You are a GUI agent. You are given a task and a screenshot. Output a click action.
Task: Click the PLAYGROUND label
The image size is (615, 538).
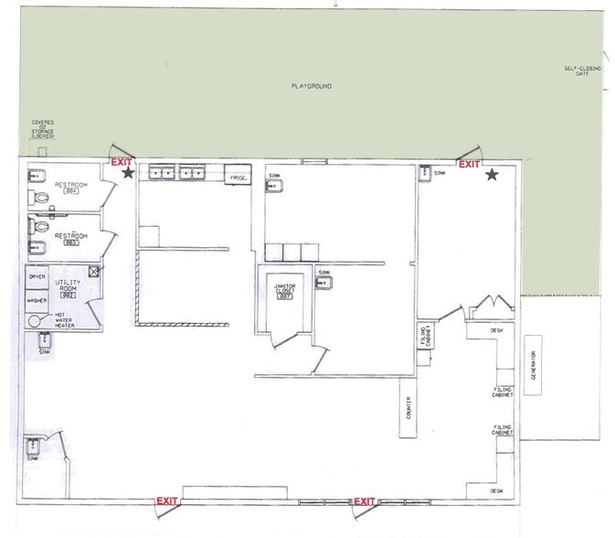coord(311,86)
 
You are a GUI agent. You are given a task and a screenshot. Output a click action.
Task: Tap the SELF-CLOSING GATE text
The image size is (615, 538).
coord(581,71)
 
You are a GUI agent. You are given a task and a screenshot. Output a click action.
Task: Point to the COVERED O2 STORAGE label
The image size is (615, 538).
coord(43,132)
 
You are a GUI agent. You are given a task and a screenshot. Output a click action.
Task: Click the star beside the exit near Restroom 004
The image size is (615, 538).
coord(129,172)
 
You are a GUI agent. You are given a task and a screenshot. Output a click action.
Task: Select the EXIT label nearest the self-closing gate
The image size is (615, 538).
coord(469,165)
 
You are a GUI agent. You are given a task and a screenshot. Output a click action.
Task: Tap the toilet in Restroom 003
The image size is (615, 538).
coord(36,224)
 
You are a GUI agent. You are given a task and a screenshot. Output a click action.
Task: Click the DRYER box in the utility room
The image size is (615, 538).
coord(37,276)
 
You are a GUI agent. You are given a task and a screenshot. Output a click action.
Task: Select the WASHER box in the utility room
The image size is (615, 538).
coord(37,299)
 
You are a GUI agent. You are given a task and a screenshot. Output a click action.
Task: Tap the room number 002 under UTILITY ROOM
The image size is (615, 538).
coord(68,296)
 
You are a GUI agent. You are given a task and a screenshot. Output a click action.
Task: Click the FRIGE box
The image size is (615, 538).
coord(239,178)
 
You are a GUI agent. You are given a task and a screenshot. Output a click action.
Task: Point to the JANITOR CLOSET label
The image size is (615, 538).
coord(284,290)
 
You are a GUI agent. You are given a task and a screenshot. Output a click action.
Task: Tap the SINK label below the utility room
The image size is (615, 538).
coord(44,351)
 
